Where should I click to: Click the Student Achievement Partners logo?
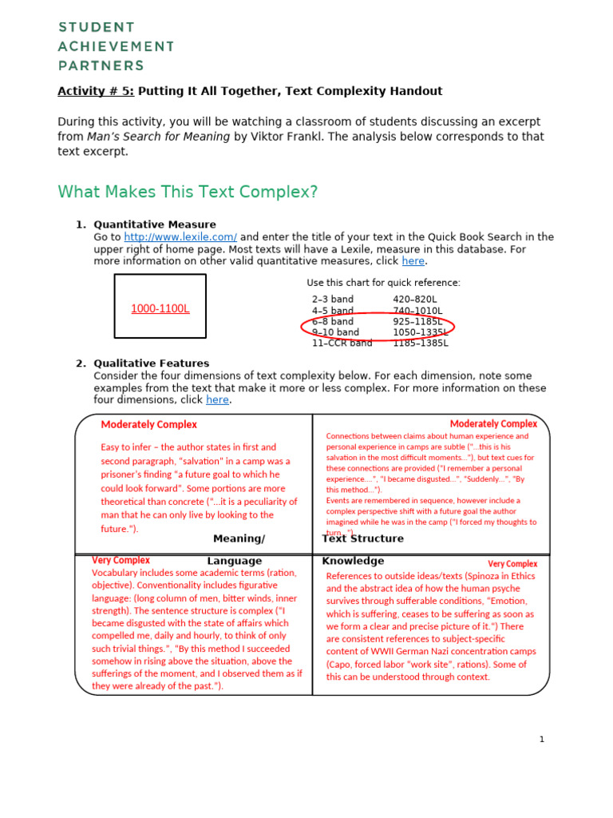(116, 47)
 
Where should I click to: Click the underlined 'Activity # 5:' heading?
(96, 91)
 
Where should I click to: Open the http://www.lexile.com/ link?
(180, 237)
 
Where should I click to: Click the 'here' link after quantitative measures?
(413, 261)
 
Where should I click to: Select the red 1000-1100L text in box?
(160, 308)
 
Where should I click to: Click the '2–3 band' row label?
(333, 300)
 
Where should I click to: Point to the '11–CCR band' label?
(342, 343)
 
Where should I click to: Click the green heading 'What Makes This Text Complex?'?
(188, 193)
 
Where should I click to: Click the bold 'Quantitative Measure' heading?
(155, 224)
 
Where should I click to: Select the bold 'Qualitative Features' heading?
(152, 363)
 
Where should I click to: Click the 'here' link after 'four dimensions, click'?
(217, 400)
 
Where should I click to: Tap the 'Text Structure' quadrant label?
(362, 539)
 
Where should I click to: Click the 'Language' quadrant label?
(234, 562)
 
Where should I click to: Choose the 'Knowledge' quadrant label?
(353, 562)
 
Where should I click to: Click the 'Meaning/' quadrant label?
(239, 539)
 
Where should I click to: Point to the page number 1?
(541, 740)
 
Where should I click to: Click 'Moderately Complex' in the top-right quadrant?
(493, 424)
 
